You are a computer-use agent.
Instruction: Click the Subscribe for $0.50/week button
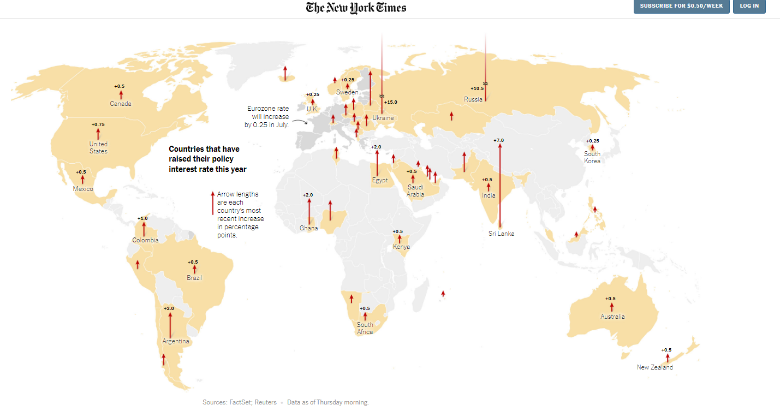point(681,6)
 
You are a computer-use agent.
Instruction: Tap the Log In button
point(749,6)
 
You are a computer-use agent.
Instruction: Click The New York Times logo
point(356,8)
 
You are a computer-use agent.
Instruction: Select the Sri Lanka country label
point(501,234)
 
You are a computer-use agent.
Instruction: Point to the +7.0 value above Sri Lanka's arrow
point(499,141)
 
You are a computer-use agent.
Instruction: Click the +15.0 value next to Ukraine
point(391,102)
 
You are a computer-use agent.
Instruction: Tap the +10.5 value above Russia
point(477,88)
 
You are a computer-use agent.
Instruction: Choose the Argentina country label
point(176,342)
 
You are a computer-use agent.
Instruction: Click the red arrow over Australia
point(612,307)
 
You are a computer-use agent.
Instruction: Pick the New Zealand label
point(654,367)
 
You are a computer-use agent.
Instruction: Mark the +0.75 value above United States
point(98,124)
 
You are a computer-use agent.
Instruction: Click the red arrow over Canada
point(121,94)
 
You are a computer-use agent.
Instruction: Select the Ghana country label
point(308,228)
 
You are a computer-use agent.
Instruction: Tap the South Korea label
point(592,157)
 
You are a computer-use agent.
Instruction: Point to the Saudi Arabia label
point(415,190)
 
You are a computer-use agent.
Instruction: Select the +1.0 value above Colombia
point(143,218)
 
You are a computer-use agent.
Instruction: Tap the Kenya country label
point(401,247)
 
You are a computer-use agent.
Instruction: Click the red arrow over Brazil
point(194,269)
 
